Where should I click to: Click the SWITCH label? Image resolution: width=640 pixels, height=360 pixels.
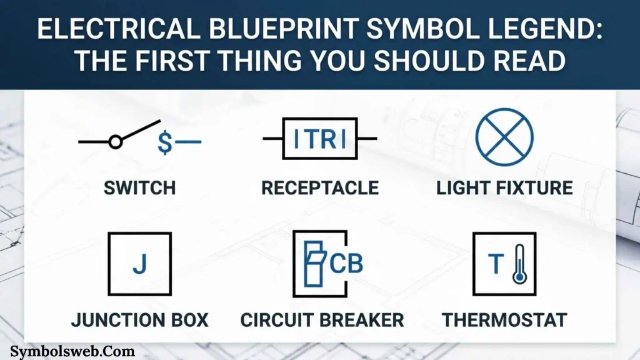(x=139, y=187)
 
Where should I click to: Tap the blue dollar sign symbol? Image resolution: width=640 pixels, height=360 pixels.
(x=165, y=142)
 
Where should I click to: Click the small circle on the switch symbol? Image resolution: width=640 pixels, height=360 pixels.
(x=116, y=142)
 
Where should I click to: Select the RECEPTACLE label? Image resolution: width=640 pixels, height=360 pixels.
(x=320, y=187)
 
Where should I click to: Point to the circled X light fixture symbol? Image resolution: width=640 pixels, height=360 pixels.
(x=504, y=137)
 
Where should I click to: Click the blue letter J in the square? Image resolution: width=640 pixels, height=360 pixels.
(x=140, y=264)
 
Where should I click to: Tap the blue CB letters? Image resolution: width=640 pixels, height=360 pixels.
(x=346, y=264)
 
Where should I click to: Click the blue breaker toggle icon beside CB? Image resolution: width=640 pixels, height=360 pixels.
(x=314, y=264)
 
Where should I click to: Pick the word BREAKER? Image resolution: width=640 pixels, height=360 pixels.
(x=366, y=320)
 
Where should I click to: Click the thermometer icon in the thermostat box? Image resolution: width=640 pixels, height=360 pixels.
(x=519, y=264)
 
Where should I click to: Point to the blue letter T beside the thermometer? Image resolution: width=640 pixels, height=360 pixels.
(x=496, y=264)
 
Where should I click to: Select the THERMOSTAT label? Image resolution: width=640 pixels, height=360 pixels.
(x=504, y=320)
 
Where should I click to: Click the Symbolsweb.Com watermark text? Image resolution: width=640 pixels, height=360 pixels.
(x=72, y=351)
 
